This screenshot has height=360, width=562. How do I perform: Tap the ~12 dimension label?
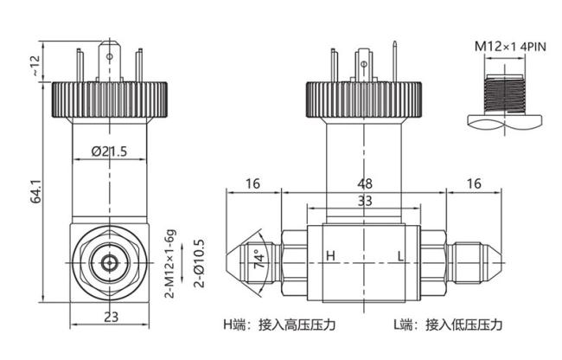click(36, 65)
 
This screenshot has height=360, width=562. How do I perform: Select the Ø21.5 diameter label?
click(109, 151)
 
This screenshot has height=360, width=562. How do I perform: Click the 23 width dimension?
click(111, 317)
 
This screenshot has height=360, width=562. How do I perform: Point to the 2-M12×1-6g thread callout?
click(170, 264)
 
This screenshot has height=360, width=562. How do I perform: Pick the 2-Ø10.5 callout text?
click(199, 264)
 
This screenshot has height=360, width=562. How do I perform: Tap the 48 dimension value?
click(365, 183)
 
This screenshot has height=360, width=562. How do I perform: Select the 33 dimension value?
click(365, 201)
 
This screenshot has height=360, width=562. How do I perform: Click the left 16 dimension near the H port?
click(252, 183)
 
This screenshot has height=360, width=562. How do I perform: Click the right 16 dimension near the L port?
click(474, 183)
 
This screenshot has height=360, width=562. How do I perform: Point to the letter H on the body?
click(330, 256)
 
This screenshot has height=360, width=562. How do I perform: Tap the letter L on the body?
click(400, 256)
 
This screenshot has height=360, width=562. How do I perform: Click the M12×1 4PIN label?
click(510, 47)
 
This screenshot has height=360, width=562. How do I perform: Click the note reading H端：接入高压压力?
click(279, 325)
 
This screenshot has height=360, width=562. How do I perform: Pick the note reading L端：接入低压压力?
click(448, 325)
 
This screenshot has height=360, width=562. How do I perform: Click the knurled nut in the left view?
click(110, 100)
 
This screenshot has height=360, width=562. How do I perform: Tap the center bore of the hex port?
click(109, 264)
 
